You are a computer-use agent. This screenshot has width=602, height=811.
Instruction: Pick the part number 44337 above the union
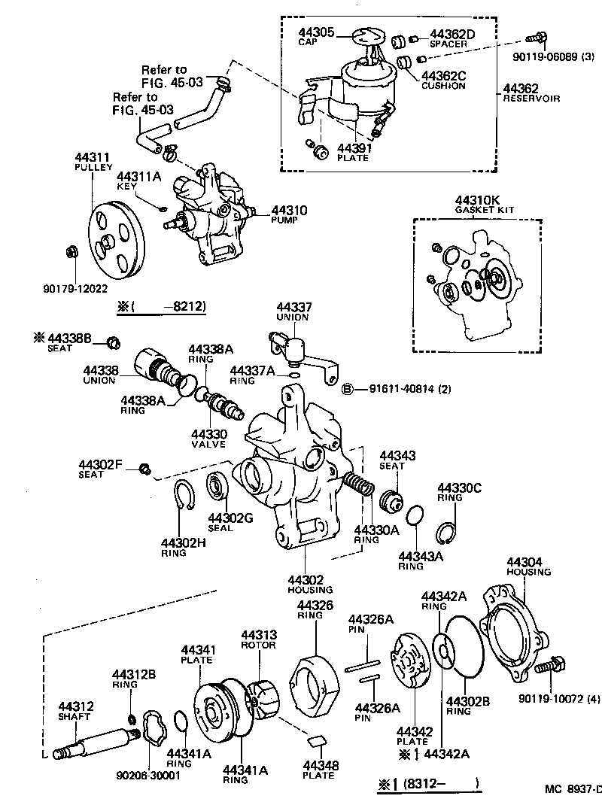pos(293,308)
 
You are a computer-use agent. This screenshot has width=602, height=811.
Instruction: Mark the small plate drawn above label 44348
pos(318,741)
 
